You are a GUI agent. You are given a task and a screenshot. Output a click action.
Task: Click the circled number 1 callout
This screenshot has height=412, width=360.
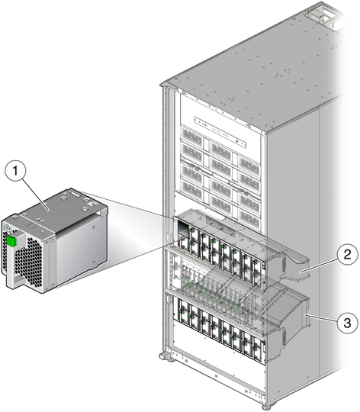pyautogui.click(x=15, y=171)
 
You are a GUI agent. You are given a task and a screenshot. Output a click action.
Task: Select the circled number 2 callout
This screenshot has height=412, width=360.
pyautogui.click(x=347, y=254)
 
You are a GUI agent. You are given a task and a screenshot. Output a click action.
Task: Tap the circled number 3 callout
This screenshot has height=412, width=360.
pyautogui.click(x=347, y=323)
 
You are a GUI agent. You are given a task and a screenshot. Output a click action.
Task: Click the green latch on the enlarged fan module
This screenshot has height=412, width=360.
pyautogui.click(x=11, y=241)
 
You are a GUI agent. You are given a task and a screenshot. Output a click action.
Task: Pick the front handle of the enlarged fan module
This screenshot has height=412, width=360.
pyautogui.click(x=14, y=262)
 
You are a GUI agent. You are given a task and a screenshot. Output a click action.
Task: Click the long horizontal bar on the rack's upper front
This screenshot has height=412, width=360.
pyautogui.click(x=220, y=132)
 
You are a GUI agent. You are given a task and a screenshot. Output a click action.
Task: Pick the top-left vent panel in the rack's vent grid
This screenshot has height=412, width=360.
pyautogui.click(x=192, y=137)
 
